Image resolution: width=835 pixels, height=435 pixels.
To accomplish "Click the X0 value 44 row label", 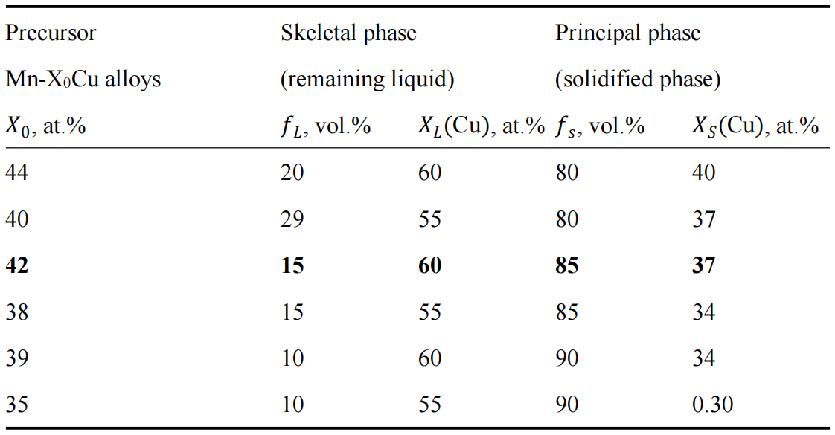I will click(16, 173).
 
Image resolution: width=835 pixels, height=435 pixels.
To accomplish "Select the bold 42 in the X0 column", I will click(17, 265).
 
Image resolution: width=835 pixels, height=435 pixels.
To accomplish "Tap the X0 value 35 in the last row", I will click(16, 405).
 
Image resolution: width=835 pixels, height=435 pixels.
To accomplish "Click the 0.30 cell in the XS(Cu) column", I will click(712, 405).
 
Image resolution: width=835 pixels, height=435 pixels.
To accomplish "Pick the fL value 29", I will click(292, 219).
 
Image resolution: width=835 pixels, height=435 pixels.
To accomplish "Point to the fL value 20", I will click(292, 173).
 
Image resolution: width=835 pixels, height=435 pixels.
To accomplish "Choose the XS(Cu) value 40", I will click(703, 173).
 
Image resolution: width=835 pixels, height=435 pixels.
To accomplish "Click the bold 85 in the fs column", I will click(567, 265).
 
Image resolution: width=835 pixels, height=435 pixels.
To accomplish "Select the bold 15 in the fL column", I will click(292, 265).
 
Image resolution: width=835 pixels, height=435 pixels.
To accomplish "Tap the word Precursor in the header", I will click(51, 33).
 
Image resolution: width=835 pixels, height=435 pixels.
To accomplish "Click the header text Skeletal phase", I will click(348, 33).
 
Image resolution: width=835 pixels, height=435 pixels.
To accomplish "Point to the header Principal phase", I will click(628, 33).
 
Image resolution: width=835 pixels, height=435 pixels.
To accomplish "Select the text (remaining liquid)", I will click(367, 80).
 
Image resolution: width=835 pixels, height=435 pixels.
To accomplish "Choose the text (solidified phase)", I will click(638, 80).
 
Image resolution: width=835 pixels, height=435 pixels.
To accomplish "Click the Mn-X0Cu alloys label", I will click(83, 80).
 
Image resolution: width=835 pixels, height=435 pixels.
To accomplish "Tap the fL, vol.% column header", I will click(325, 127).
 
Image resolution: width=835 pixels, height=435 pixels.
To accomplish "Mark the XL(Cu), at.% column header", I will click(481, 127).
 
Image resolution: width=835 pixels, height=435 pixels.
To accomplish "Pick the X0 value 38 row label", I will click(16, 312).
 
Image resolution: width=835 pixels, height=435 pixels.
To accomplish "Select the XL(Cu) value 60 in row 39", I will click(429, 358).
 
